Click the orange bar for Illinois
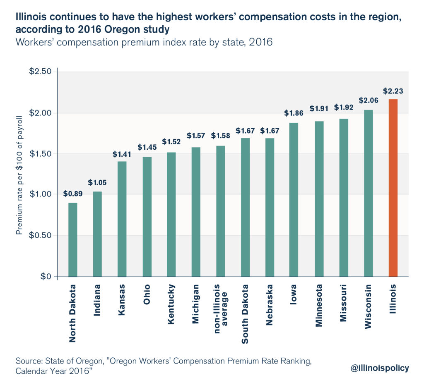393,188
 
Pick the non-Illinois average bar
220,211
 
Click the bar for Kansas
122,219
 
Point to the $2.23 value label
393,92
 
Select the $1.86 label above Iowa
294,113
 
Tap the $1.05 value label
97,182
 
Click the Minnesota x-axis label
319,305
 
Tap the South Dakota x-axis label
245,313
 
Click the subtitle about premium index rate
144,42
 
